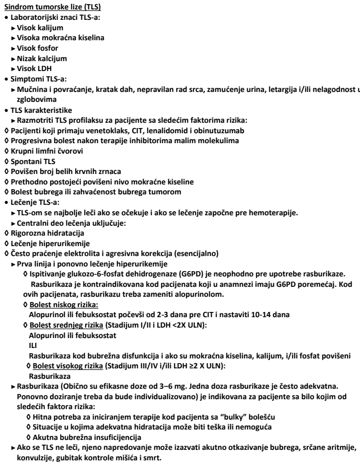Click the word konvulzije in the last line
36,455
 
